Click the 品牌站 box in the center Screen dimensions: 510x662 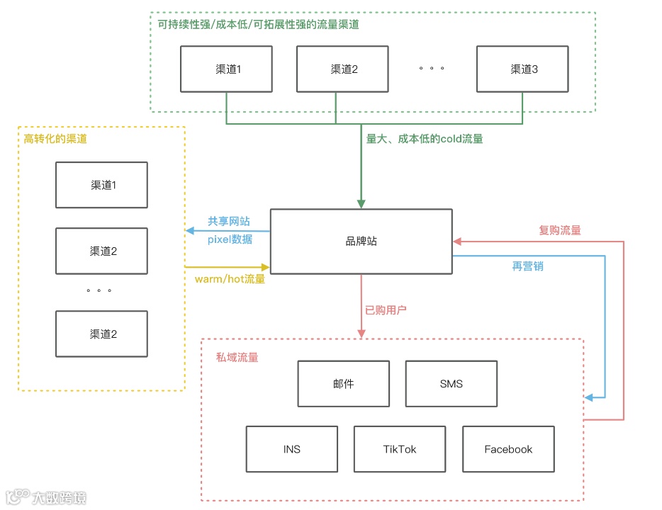pyautogui.click(x=361, y=242)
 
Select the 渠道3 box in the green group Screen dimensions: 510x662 pyautogui.click(x=522, y=69)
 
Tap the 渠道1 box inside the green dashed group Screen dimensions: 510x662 pyautogui.click(x=226, y=69)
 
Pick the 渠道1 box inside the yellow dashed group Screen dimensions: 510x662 pyautogui.click(x=101, y=185)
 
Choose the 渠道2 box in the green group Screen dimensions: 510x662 pyautogui.click(x=342, y=69)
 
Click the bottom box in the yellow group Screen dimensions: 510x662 pyautogui.click(x=101, y=334)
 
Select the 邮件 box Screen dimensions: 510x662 pyautogui.click(x=343, y=384)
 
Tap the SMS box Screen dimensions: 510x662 pyautogui.click(x=451, y=384)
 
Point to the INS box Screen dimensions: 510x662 pyautogui.click(x=291, y=449)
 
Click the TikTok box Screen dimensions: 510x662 pyautogui.click(x=400, y=449)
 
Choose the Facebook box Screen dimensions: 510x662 pyautogui.click(x=508, y=449)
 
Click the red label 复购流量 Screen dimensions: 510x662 pyautogui.click(x=559, y=230)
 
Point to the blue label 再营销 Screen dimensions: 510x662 pyautogui.click(x=528, y=266)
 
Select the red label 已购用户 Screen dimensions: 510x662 pyautogui.click(x=386, y=310)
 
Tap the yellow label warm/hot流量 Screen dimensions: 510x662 pyautogui.click(x=230, y=279)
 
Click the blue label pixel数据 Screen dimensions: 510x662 pyautogui.click(x=230, y=239)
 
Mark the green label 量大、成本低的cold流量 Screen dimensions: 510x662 pyautogui.click(x=424, y=139)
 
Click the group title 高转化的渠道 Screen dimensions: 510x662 pyautogui.click(x=55, y=139)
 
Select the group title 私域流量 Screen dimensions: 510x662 pyautogui.click(x=237, y=357)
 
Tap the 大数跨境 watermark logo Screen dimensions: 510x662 pyautogui.click(x=45, y=498)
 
